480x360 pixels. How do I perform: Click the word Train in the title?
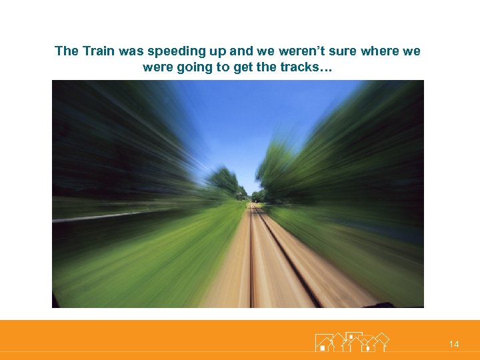[96, 51]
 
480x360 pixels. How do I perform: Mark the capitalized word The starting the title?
[66, 51]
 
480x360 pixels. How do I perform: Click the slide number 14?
[454, 344]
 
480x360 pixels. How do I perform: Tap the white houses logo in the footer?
[351, 341]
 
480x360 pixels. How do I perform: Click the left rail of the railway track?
[251, 267]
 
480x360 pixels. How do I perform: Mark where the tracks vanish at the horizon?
[252, 201]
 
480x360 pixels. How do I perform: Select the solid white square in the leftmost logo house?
[323, 347]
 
